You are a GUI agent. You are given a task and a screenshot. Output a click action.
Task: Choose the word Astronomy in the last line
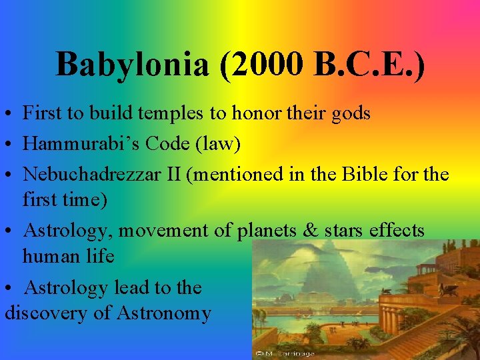tap(164, 312)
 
